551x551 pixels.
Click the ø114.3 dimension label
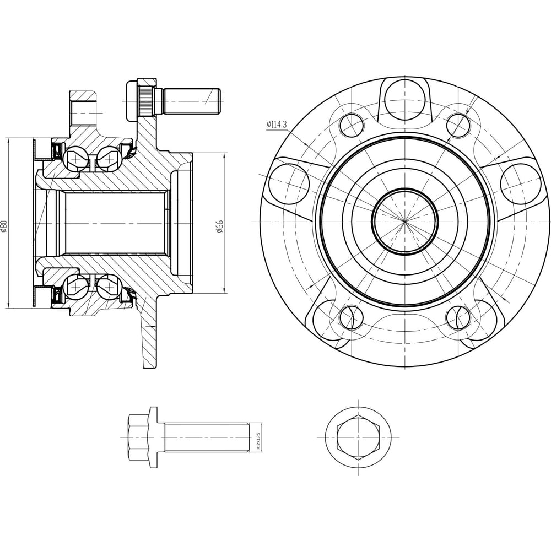277,124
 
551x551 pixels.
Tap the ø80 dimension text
4,226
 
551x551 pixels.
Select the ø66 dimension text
220,227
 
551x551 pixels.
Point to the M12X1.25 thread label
258,437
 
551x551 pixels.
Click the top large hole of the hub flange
405,99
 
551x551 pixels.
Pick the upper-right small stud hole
458,125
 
